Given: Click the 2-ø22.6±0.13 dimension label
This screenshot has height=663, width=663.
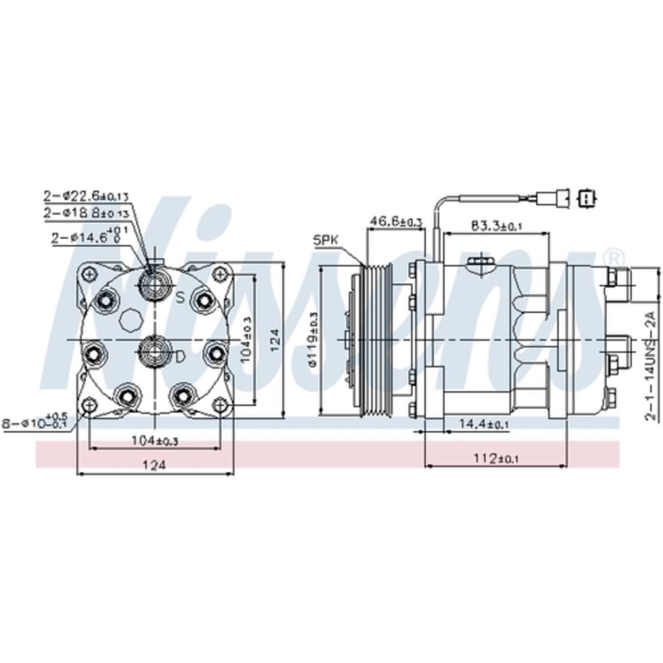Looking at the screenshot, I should (87, 196).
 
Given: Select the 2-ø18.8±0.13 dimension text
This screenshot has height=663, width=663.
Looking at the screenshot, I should (87, 213).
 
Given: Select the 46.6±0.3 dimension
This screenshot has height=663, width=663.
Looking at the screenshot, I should (396, 221).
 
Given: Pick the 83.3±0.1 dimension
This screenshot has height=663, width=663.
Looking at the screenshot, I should (497, 226).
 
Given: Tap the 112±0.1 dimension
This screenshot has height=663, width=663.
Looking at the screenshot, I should (495, 458).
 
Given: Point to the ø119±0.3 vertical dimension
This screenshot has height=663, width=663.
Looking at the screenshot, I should (312, 341).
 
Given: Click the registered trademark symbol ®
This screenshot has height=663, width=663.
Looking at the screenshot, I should (615, 256).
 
